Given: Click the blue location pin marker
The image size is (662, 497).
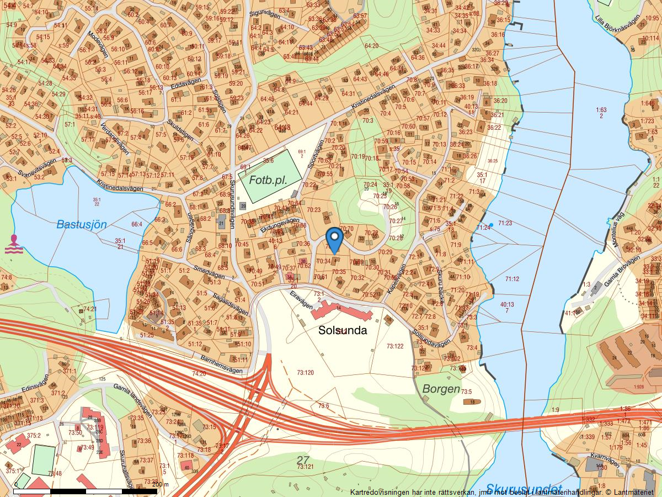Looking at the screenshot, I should point(334,239).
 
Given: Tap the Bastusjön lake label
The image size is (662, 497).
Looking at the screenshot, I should point(81,224).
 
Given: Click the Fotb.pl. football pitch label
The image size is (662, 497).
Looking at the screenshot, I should point(268,180).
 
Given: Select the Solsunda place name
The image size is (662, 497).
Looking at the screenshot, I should point(343,330).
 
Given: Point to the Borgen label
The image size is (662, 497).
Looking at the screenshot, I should point(441,389).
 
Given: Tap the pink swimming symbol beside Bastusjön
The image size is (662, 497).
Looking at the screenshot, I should point(13,244).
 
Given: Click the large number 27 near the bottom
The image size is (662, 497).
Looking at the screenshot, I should point(303,459).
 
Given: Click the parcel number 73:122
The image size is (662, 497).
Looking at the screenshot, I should point(394,346).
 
